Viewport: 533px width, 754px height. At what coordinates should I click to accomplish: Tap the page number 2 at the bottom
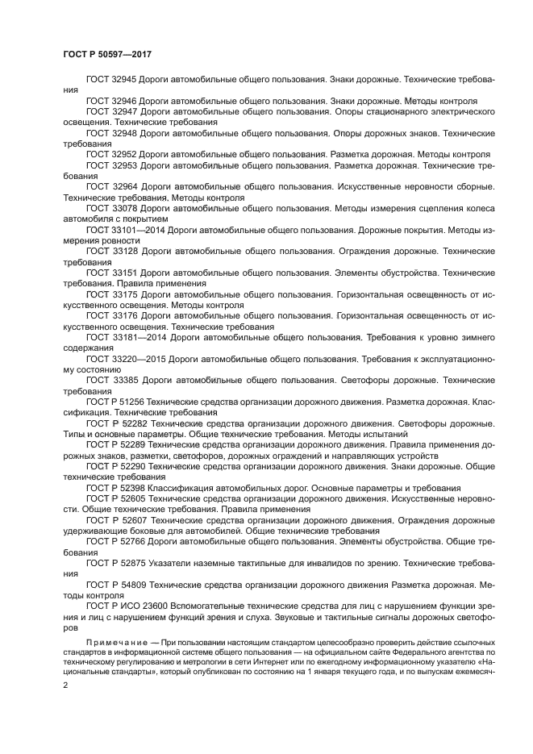pyautogui.click(x=66, y=685)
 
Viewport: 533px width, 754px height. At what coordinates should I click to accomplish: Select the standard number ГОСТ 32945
pyautogui.click(x=111, y=80)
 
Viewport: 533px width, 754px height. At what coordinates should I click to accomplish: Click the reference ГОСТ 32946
pyautogui.click(x=111, y=101)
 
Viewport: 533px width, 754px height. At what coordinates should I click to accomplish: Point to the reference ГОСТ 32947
pyautogui.click(x=111, y=111)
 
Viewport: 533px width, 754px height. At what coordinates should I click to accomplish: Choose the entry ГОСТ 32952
pyautogui.click(x=111, y=153)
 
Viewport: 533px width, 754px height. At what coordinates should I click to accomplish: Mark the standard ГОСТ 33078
pyautogui.click(x=111, y=206)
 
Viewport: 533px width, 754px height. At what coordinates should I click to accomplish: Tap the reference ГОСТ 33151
pyautogui.click(x=112, y=273)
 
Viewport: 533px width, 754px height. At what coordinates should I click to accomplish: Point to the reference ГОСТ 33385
pyautogui.click(x=112, y=379)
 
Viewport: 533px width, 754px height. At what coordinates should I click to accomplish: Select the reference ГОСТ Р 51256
pyautogui.click(x=115, y=401)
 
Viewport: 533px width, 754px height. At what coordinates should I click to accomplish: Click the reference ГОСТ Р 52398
pyautogui.click(x=115, y=488)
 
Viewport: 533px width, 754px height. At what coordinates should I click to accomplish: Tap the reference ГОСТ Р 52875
pyautogui.click(x=116, y=562)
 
